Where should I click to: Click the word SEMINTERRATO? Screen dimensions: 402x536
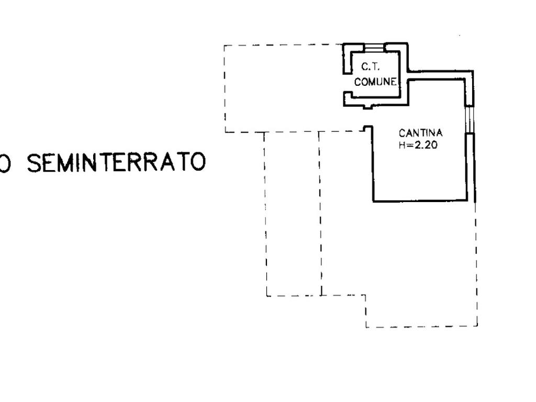click(x=116, y=163)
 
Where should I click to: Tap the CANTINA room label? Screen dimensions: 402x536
click(x=420, y=133)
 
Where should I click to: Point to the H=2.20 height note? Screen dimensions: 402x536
click(x=417, y=146)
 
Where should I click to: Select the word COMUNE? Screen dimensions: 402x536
click(x=375, y=82)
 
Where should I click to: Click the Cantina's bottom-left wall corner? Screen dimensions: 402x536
click(x=373, y=200)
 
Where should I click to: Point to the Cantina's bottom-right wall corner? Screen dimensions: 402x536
click(x=466, y=199)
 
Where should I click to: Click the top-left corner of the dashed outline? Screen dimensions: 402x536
click(x=225, y=46)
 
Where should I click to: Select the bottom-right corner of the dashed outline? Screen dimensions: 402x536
click(x=476, y=326)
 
